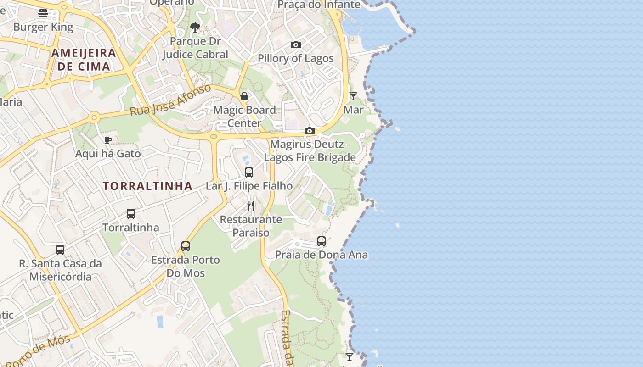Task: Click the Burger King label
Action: [43, 27]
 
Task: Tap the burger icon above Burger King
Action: [43, 13]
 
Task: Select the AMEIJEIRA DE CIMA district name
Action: [84, 59]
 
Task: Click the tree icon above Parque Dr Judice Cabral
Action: [195, 28]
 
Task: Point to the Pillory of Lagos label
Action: [295, 58]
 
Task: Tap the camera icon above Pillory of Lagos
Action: [296, 45]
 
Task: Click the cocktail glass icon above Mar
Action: [353, 96]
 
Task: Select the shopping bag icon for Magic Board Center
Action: [244, 96]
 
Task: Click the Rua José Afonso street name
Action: [170, 100]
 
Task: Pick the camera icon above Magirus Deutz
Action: [310, 131]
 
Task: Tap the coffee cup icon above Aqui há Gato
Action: [108, 140]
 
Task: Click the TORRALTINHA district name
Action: [147, 186]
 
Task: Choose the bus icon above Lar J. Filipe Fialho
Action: [249, 172]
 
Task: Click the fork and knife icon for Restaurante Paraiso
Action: [251, 206]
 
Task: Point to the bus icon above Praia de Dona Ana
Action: [321, 241]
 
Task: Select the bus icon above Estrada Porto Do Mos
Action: [186, 246]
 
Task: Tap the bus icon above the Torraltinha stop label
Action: [131, 214]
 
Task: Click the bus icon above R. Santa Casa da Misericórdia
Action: [60, 250]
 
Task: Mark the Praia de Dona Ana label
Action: [321, 255]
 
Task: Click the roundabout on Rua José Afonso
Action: [94, 117]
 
